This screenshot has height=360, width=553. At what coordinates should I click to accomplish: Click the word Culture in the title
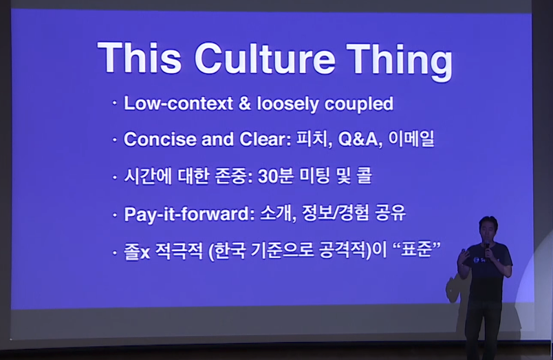265,59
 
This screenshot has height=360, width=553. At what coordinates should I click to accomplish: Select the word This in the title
140,58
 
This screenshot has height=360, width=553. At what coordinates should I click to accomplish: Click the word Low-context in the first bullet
178,103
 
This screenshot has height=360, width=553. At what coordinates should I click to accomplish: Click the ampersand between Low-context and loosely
245,103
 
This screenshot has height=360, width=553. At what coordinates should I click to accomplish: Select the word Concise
160,139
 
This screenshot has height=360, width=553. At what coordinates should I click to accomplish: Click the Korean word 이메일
411,138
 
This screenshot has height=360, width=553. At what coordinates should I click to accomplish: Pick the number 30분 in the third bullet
276,176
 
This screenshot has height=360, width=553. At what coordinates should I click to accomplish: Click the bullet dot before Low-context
114,103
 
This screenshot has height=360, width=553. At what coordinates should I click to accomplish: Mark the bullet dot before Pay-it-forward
114,214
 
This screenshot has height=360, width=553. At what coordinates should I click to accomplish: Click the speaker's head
488,229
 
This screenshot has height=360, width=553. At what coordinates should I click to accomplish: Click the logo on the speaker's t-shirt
477,260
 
